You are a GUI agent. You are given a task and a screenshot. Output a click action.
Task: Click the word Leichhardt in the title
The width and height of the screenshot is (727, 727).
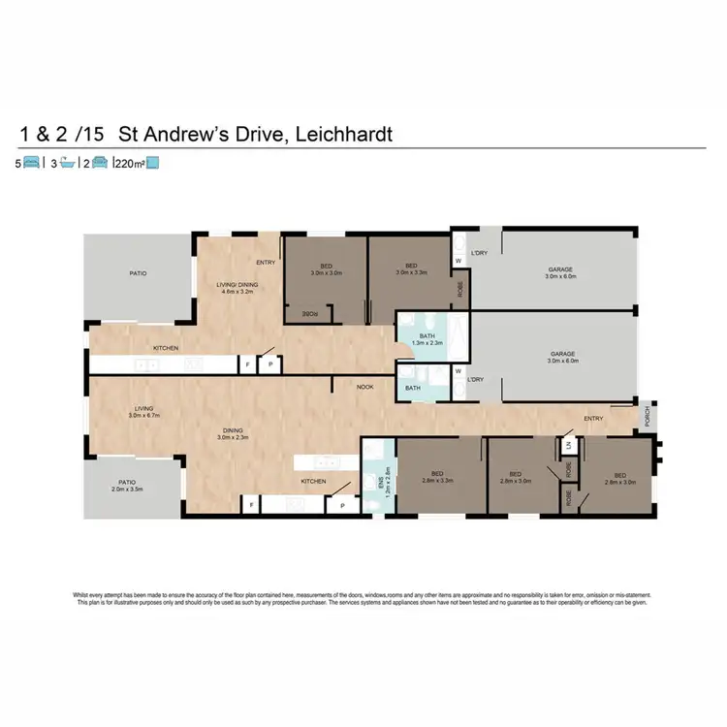[x=338, y=134]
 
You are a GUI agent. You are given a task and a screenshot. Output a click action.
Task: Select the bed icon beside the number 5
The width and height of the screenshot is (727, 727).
[x=31, y=164]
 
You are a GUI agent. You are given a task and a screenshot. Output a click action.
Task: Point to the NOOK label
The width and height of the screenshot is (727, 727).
[x=364, y=387]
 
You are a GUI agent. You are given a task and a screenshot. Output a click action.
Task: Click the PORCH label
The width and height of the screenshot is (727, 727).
[x=647, y=414]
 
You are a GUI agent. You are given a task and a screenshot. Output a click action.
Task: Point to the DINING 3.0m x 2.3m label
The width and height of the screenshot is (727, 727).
[x=231, y=432]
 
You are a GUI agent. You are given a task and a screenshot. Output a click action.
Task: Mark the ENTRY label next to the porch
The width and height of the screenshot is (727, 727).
[x=593, y=419]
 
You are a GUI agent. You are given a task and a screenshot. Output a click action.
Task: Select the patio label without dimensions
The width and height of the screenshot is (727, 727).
[x=138, y=274]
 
